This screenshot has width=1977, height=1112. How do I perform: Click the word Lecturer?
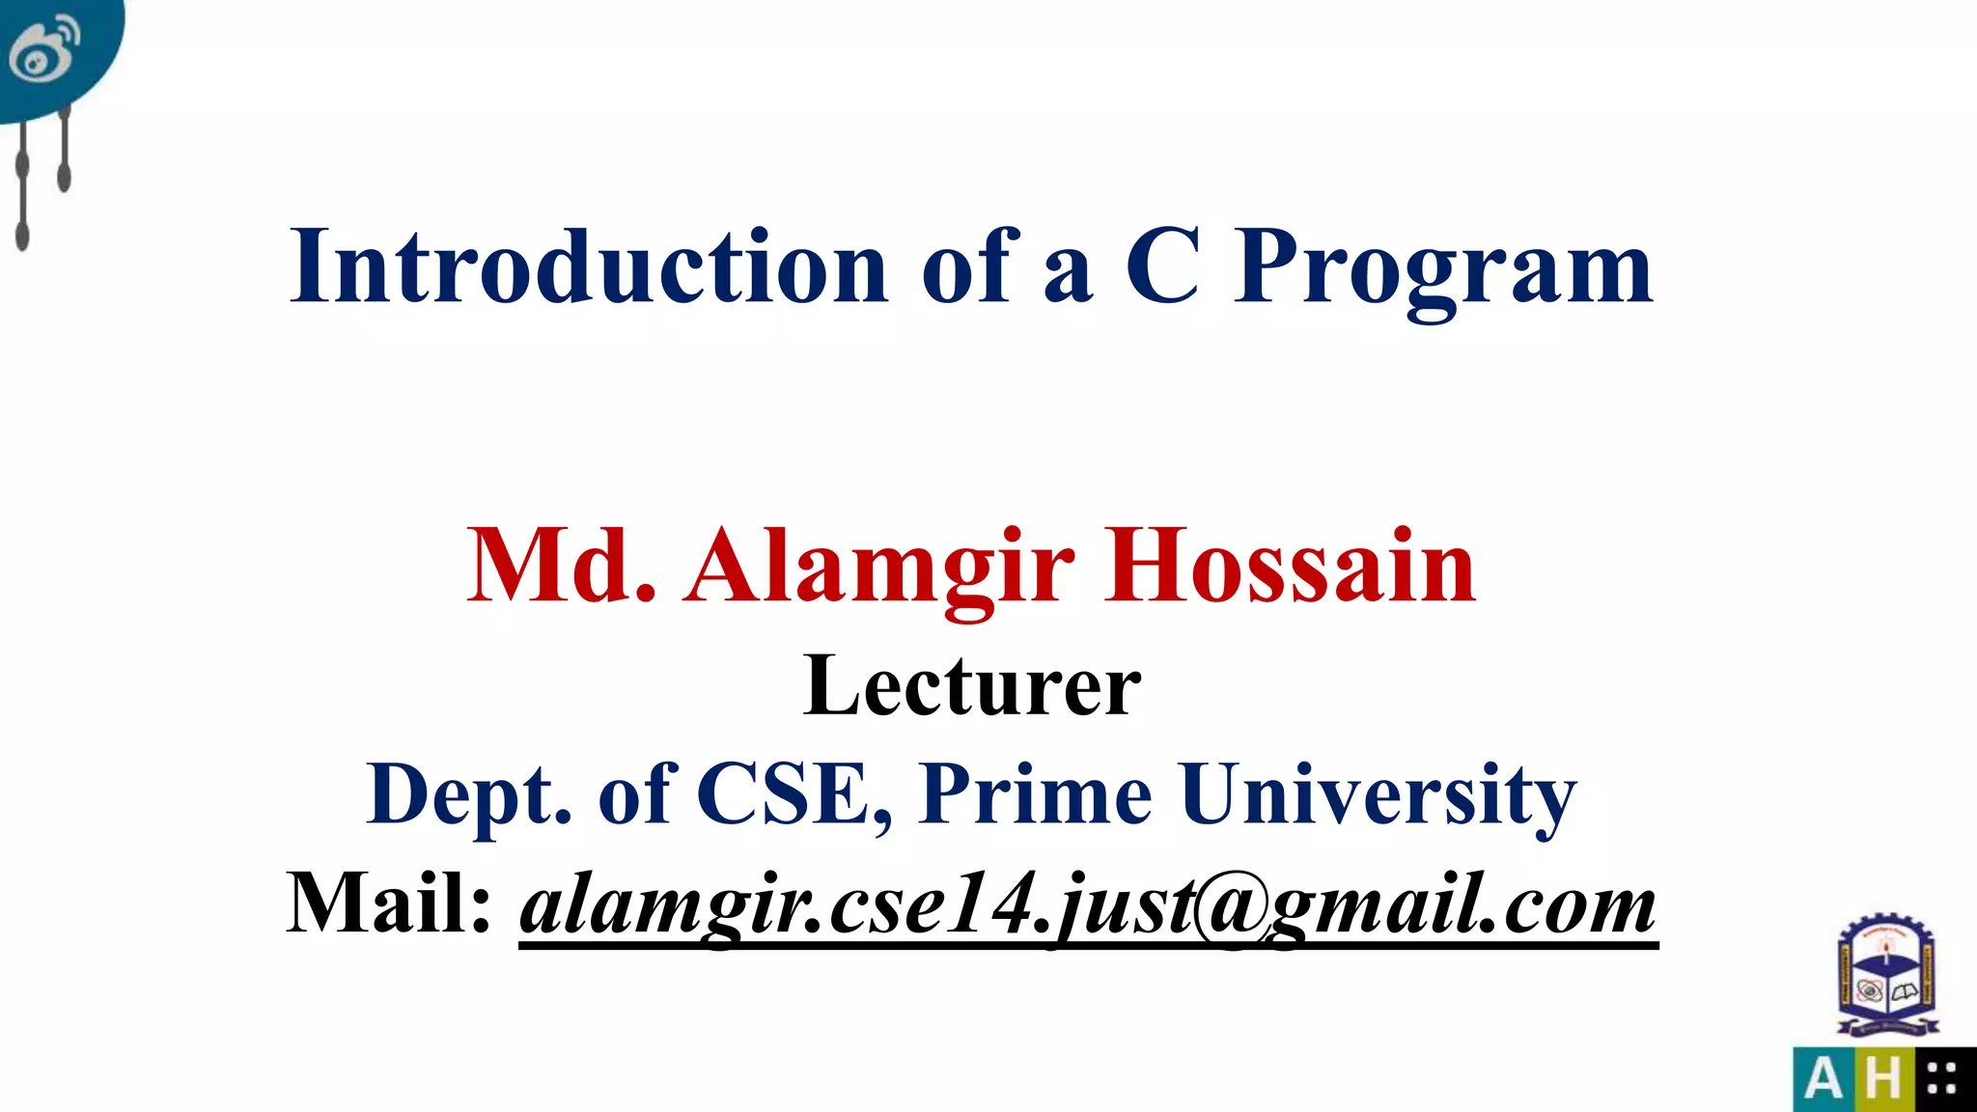click(972, 685)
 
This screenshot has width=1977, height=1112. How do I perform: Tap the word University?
click(1378, 795)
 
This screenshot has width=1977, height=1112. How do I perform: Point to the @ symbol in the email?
click(1231, 907)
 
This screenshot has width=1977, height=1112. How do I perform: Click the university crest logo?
click(1887, 977)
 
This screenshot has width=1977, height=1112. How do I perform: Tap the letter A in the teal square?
click(1823, 1079)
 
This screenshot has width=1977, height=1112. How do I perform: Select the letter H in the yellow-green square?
click(1882, 1079)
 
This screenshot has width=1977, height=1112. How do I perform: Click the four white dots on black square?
click(1941, 1079)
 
